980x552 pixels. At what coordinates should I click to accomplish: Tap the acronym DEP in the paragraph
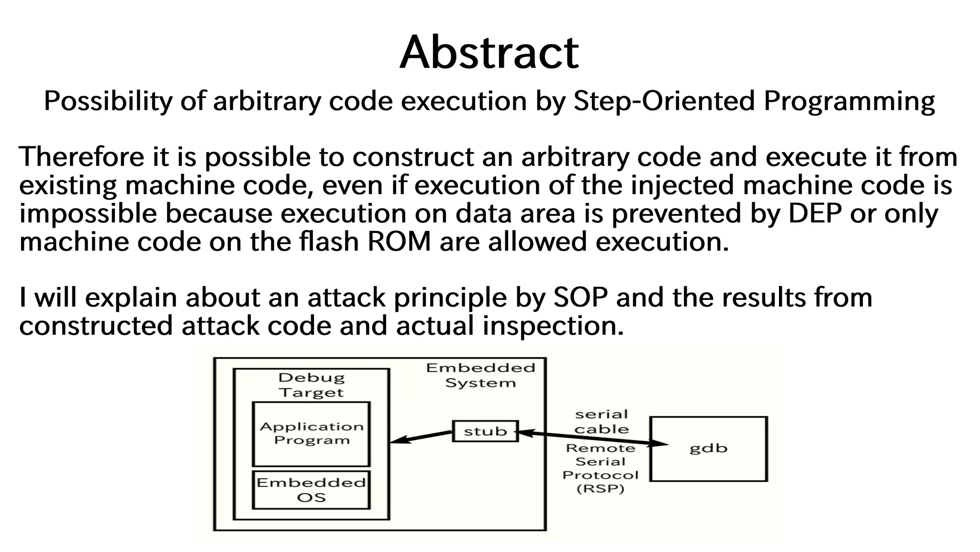[x=814, y=213]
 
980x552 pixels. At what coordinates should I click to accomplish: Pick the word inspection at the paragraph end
[x=553, y=326]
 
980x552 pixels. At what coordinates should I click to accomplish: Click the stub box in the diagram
[x=485, y=431]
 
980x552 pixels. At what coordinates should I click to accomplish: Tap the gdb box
[x=708, y=448]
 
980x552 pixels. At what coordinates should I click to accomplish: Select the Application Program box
[x=312, y=433]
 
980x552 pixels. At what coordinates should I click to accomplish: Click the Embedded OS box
[x=312, y=490]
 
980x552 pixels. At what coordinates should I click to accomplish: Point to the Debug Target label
[x=312, y=385]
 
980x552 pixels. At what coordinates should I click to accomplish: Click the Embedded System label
[x=480, y=375]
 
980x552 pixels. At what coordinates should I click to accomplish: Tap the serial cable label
[x=601, y=421]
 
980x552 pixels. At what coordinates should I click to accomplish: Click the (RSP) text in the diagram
[x=601, y=489]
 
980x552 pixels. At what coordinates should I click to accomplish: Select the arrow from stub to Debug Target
[x=421, y=437]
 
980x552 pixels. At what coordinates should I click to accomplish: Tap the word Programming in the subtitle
[x=849, y=101]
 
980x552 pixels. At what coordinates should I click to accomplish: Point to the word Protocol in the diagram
[x=601, y=475]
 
